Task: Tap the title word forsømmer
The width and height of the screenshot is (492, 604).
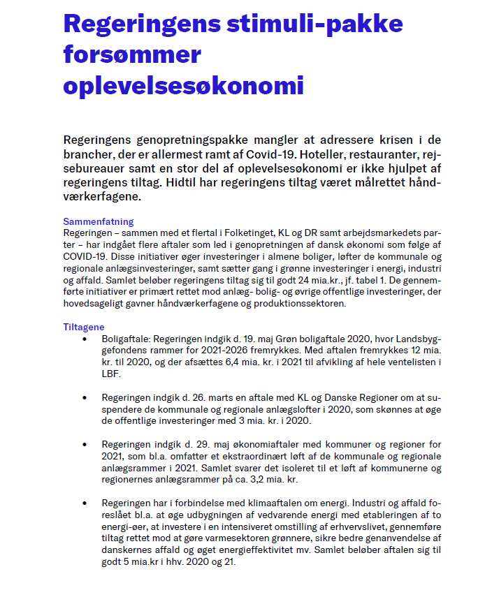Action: (132, 54)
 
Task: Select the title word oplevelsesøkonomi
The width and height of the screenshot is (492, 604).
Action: (184, 85)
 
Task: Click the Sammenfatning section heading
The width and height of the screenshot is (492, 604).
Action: (98, 221)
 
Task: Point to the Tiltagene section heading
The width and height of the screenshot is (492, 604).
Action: (84, 327)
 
